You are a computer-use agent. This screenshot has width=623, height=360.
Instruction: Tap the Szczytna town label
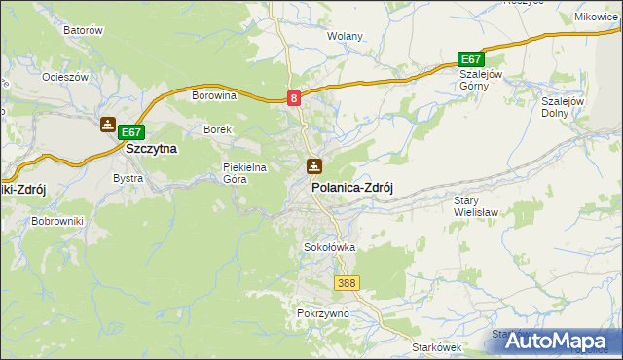[151, 149]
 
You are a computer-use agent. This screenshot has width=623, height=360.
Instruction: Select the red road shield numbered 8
[294, 97]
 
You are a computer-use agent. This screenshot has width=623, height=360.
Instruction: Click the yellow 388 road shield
[347, 283]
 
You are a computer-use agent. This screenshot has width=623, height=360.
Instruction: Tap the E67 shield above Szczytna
[132, 132]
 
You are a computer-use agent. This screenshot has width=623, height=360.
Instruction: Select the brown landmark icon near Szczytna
[107, 125]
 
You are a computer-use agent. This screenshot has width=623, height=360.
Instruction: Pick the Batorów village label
[83, 30]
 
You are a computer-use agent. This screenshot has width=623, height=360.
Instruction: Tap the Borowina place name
[215, 95]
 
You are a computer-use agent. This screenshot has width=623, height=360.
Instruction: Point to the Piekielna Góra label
[244, 172]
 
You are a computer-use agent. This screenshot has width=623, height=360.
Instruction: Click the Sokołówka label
[330, 247]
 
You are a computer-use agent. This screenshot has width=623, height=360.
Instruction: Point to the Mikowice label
[596, 17]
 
